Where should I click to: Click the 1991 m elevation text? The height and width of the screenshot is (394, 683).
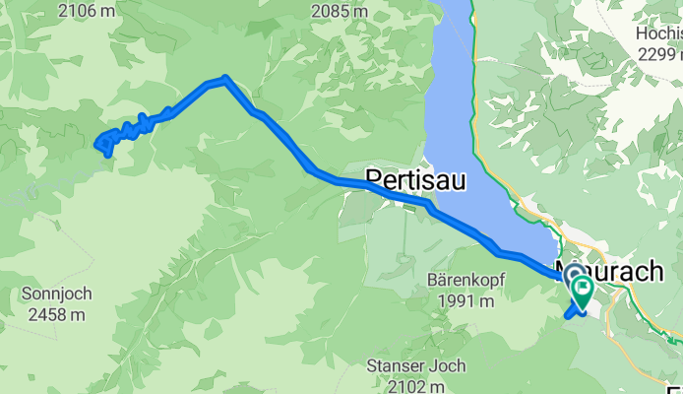click(x=466, y=300)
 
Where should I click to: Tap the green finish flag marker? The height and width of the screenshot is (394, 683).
click(x=582, y=289)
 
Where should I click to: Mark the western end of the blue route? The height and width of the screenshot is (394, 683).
click(x=98, y=146)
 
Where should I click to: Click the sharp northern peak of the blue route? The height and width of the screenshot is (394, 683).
click(x=225, y=79)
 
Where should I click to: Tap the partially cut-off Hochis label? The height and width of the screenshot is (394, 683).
click(x=657, y=33)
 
